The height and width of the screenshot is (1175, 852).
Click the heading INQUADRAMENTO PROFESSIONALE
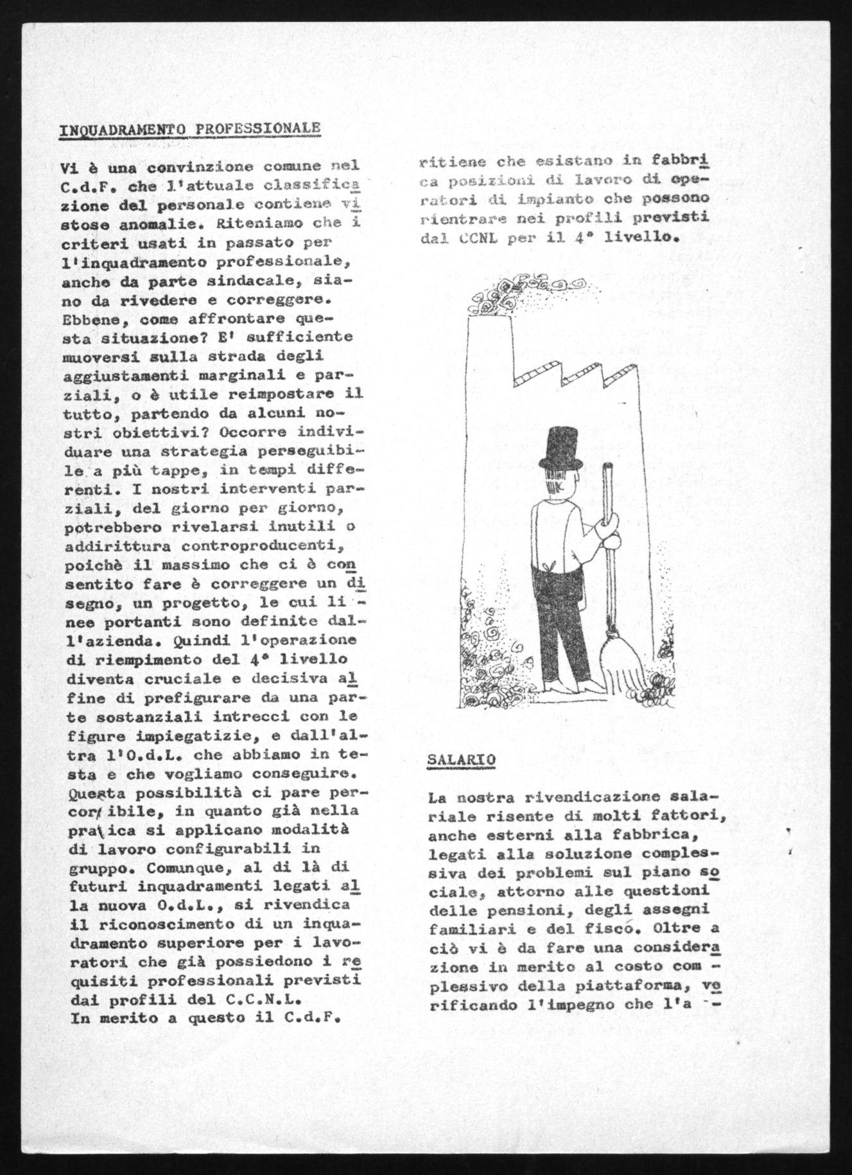click(189, 129)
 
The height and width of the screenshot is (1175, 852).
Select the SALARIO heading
click(461, 759)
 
